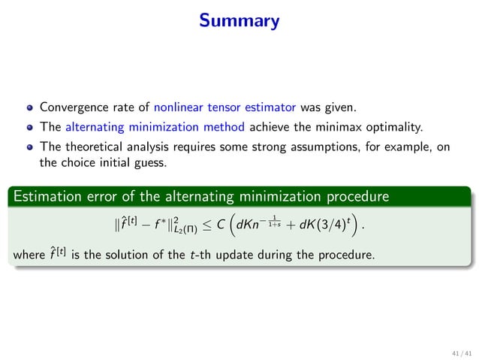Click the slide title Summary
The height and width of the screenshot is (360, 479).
(x=239, y=21)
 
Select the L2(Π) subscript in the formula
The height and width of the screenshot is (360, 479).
(x=176, y=228)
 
